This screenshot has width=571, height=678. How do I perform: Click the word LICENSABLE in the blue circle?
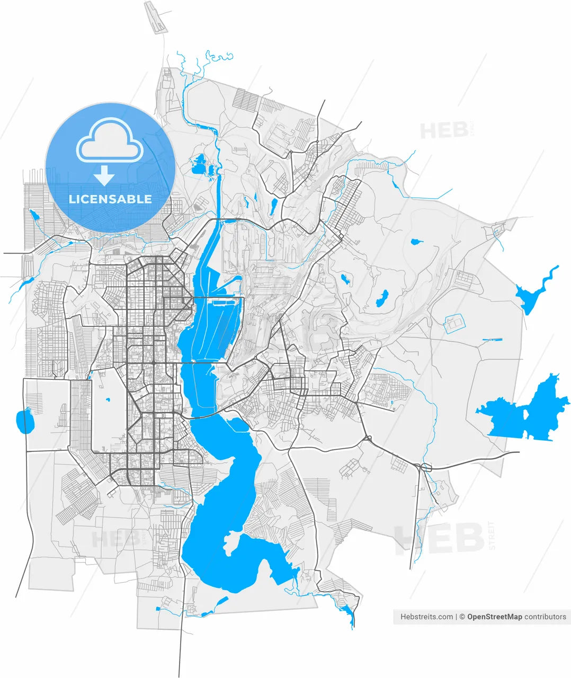click(110, 199)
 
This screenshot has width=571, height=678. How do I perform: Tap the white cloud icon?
click(110, 140)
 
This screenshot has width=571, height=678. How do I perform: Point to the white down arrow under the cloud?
click(105, 175)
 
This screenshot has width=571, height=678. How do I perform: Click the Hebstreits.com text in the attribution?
click(426, 617)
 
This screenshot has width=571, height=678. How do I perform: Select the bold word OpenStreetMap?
click(494, 617)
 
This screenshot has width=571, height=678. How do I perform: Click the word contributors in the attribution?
click(545, 617)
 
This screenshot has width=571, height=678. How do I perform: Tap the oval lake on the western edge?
click(24, 421)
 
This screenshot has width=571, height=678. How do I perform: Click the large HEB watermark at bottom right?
click(439, 538)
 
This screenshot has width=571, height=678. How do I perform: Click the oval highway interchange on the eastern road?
click(425, 467)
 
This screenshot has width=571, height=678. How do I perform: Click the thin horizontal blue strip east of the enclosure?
click(492, 339)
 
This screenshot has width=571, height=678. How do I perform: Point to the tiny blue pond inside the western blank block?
click(107, 399)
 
